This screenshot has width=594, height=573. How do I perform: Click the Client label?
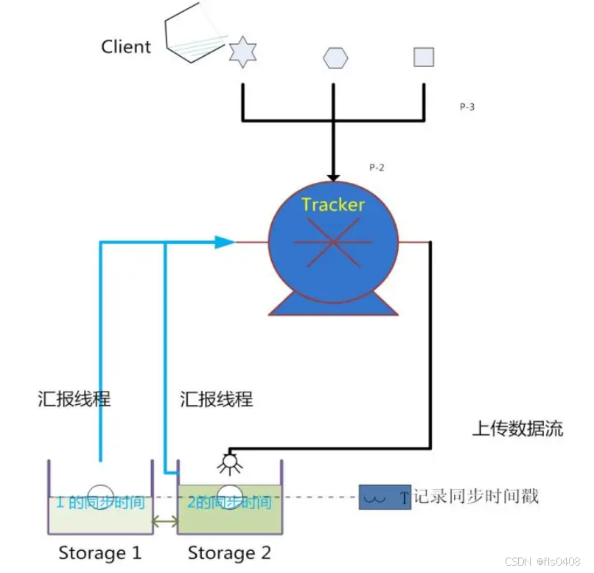pos(126,46)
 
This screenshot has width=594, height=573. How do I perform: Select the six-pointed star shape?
pos(242,54)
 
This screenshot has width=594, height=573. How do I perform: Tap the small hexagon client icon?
pos(335,58)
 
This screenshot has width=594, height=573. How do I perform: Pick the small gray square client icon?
pos(424,57)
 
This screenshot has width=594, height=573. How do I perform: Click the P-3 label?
pos(467,107)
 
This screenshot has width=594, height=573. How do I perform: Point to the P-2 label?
pos(377,167)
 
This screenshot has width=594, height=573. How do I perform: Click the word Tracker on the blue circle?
pos(333,204)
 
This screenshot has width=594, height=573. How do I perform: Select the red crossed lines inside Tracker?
pos(333,241)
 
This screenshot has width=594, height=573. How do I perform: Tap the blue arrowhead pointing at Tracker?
pos(225,241)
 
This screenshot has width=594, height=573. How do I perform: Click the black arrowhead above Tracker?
pos(333,177)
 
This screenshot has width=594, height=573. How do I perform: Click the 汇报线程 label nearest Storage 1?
pos(74,399)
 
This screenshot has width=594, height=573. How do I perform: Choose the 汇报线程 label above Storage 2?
pos(217,399)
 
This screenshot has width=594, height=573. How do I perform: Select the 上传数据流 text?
pos(517,428)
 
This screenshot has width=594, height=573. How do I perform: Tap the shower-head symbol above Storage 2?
pos(231,463)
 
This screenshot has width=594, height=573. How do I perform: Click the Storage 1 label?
pos(99,552)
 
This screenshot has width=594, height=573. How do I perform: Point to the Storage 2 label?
pos(229,552)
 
